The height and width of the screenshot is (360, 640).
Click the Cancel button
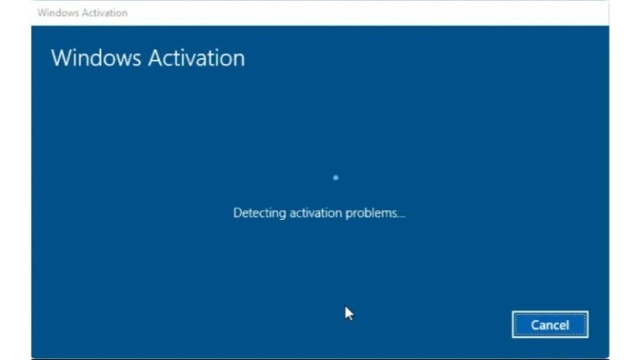coord(550,325)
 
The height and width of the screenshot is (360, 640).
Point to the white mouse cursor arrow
coord(349,313)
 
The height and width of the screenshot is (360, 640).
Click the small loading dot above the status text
coord(336,177)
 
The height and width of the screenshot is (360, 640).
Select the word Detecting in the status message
coord(259,213)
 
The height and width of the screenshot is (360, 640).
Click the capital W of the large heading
coord(61,58)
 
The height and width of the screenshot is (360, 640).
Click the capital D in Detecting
coord(237,213)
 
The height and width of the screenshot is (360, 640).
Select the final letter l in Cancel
coord(567,325)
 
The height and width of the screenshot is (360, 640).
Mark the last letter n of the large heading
coord(238,60)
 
